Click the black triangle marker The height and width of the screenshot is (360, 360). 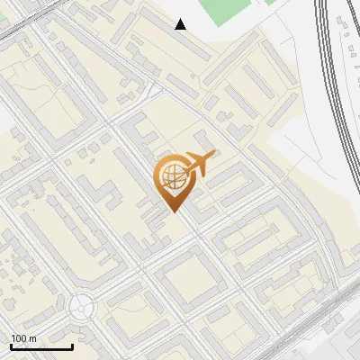(x=181, y=24)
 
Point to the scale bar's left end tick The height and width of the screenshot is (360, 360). (x=11, y=345)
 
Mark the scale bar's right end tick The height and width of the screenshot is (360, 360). (x=72, y=345)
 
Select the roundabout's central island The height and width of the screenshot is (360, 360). (x=82, y=307)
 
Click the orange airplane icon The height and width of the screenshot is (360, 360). (x=198, y=165)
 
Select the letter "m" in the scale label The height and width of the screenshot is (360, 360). (x=33, y=337)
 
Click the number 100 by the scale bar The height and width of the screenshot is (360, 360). (x=19, y=337)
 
